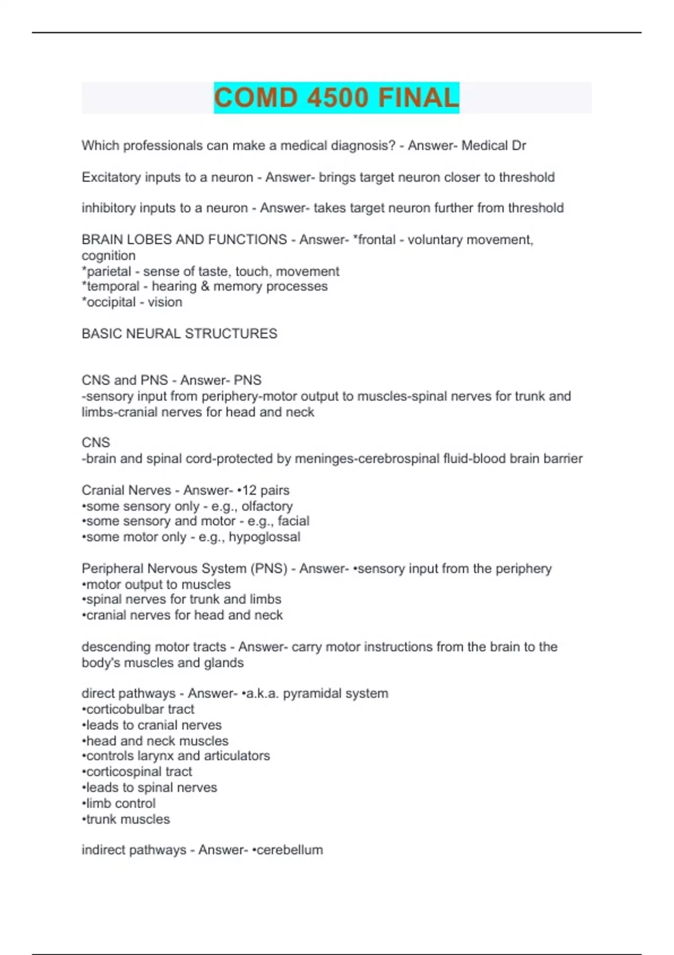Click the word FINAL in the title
coord(418,98)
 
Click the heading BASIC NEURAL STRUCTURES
coord(179,334)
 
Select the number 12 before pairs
coord(249,490)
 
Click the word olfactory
coord(267,506)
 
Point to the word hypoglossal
coord(265,537)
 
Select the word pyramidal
coord(311,693)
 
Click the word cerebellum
coord(290,849)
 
